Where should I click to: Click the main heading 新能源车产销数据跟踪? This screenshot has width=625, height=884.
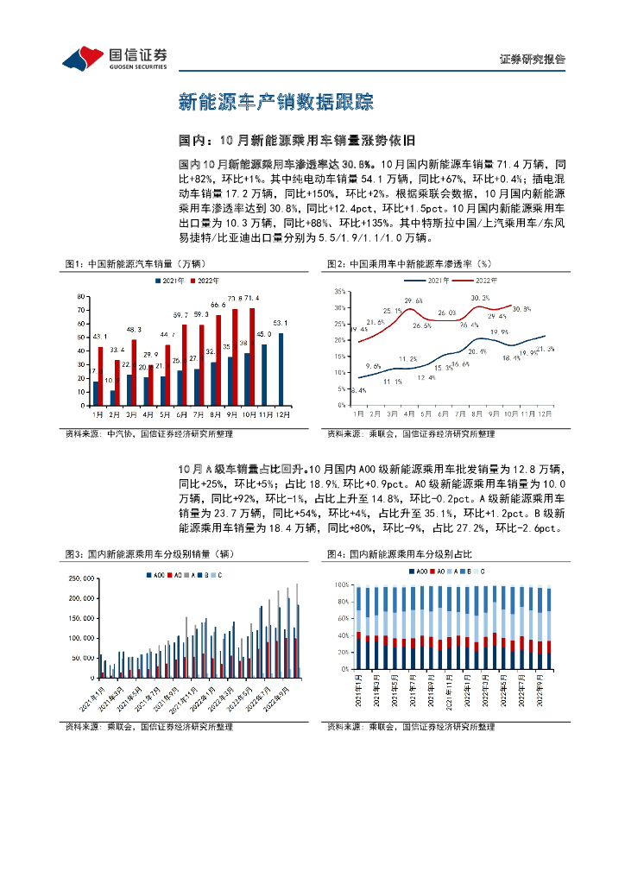(275, 103)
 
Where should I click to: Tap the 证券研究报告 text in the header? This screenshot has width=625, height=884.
(533, 60)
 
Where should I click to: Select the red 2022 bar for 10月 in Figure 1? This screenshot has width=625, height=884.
(252, 357)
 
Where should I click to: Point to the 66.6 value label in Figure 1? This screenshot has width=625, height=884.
(218, 305)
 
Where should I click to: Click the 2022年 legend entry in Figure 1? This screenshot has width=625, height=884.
(203, 281)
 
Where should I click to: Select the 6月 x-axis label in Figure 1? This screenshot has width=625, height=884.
(181, 414)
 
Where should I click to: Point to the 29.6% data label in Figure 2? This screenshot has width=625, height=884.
(413, 300)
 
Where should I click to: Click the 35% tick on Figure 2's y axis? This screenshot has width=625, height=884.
(339, 292)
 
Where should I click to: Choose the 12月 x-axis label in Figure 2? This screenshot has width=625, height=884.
(546, 414)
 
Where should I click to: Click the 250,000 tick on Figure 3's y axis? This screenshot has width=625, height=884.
(80, 578)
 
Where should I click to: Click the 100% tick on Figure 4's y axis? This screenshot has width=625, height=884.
(340, 584)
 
